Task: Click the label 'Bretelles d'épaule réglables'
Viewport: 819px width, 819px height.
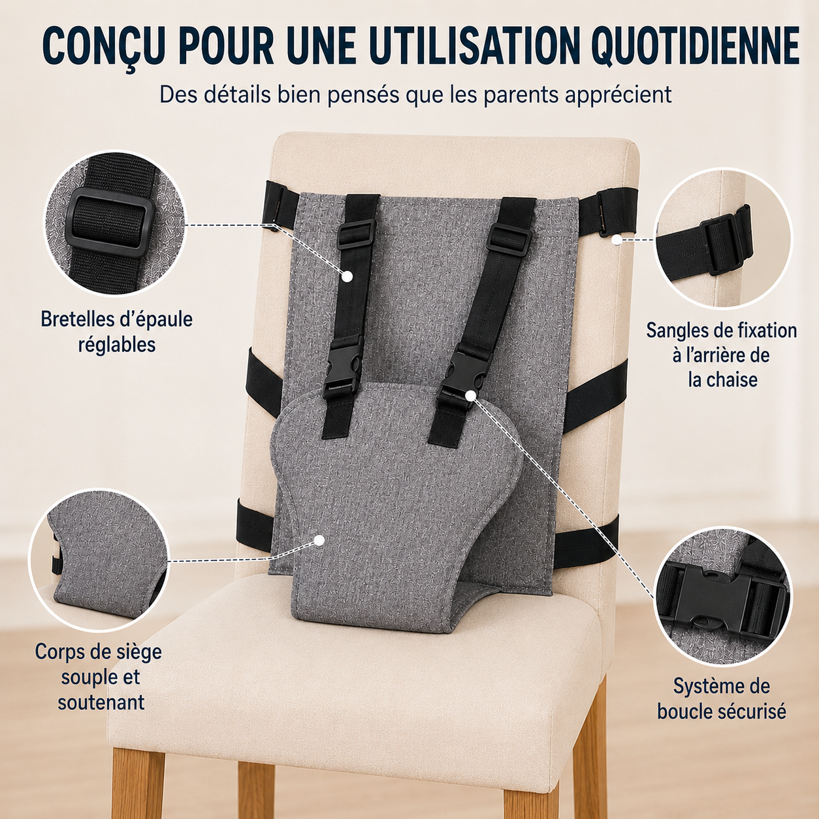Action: click(x=116, y=332)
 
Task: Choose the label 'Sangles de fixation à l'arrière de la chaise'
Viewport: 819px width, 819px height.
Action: click(x=722, y=355)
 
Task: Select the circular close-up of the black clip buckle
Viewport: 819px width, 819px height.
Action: click(x=723, y=597)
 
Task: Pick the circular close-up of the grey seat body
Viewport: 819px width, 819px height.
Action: click(x=99, y=560)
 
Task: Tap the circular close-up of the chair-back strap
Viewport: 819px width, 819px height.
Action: click(x=723, y=239)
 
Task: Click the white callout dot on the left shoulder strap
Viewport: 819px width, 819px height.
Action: click(x=347, y=276)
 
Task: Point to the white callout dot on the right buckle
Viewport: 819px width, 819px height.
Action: click(x=470, y=395)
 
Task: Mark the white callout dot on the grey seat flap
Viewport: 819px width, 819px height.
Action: click(x=319, y=539)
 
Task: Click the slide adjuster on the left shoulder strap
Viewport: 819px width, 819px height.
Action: click(x=356, y=233)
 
